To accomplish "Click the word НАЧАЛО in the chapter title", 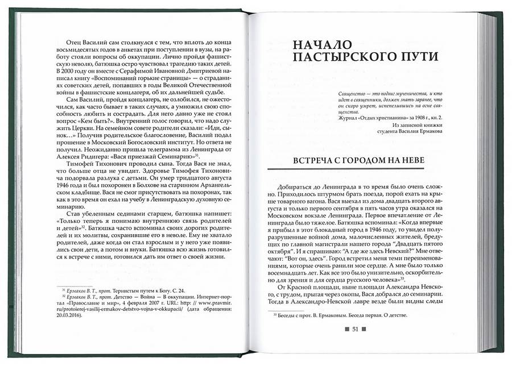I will tap(318, 44).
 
